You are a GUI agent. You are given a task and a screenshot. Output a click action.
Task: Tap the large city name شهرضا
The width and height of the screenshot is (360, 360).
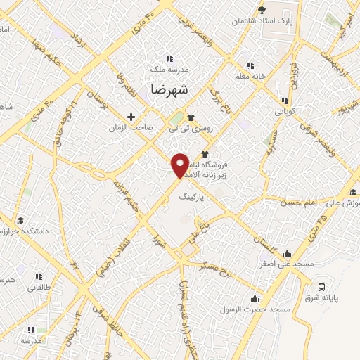(169, 90)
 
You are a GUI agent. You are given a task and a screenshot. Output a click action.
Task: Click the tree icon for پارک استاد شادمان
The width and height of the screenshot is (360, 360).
(262, 10)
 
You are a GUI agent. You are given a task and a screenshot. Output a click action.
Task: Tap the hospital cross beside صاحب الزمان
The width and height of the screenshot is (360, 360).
(130, 116)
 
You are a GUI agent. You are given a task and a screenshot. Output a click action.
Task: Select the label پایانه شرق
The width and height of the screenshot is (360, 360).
(326, 297)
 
